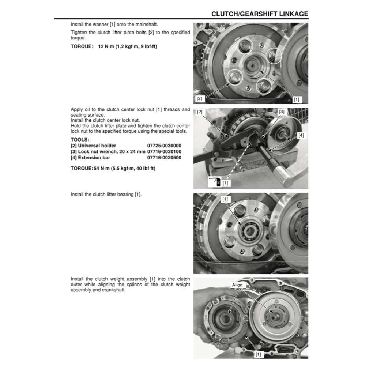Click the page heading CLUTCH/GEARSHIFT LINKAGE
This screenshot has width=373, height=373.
[260, 14]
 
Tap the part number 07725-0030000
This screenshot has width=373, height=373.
[164, 146]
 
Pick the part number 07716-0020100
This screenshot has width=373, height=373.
[164, 151]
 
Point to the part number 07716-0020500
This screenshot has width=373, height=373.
[164, 158]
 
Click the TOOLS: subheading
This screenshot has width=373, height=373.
[80, 140]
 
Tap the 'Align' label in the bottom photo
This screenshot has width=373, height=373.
[237, 285]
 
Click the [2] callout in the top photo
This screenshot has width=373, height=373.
[199, 98]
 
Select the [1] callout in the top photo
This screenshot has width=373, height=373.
[296, 99]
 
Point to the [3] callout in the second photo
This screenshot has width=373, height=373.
[282, 112]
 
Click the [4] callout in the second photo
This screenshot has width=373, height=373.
[301, 135]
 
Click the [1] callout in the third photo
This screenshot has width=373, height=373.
[225, 199]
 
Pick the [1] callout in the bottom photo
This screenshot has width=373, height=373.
[258, 354]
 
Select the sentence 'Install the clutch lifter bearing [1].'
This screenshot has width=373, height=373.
[106, 195]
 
